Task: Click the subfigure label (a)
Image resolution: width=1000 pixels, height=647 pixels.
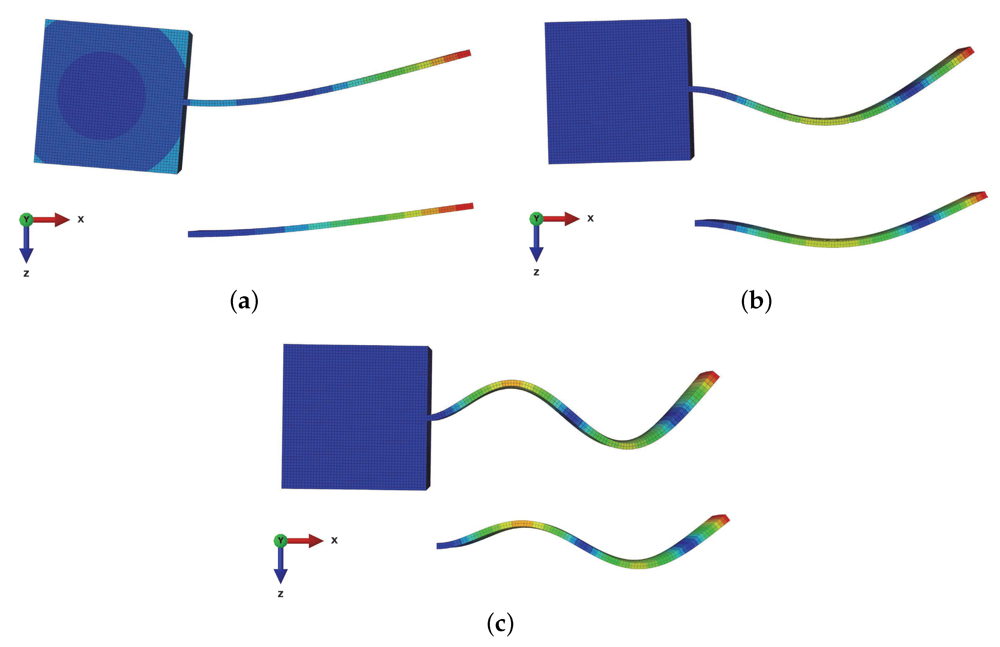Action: click(x=244, y=301)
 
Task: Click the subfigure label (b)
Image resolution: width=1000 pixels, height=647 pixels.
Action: click(x=756, y=301)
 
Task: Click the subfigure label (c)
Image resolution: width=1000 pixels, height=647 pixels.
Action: click(x=500, y=624)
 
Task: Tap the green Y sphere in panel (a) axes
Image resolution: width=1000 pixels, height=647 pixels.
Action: click(x=26, y=219)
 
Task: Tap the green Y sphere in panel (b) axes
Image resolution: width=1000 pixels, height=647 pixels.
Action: click(x=536, y=218)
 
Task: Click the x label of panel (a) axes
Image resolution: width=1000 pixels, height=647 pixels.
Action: click(x=81, y=219)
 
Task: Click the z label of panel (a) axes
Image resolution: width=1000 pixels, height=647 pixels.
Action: click(x=26, y=274)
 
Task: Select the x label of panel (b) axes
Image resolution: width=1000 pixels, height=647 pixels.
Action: click(x=590, y=218)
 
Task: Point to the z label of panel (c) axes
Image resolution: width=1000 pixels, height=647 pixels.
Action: click(x=280, y=594)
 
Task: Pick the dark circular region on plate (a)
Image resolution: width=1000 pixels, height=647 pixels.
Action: click(x=101, y=95)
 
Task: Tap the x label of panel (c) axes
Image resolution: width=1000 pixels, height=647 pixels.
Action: click(x=334, y=540)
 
